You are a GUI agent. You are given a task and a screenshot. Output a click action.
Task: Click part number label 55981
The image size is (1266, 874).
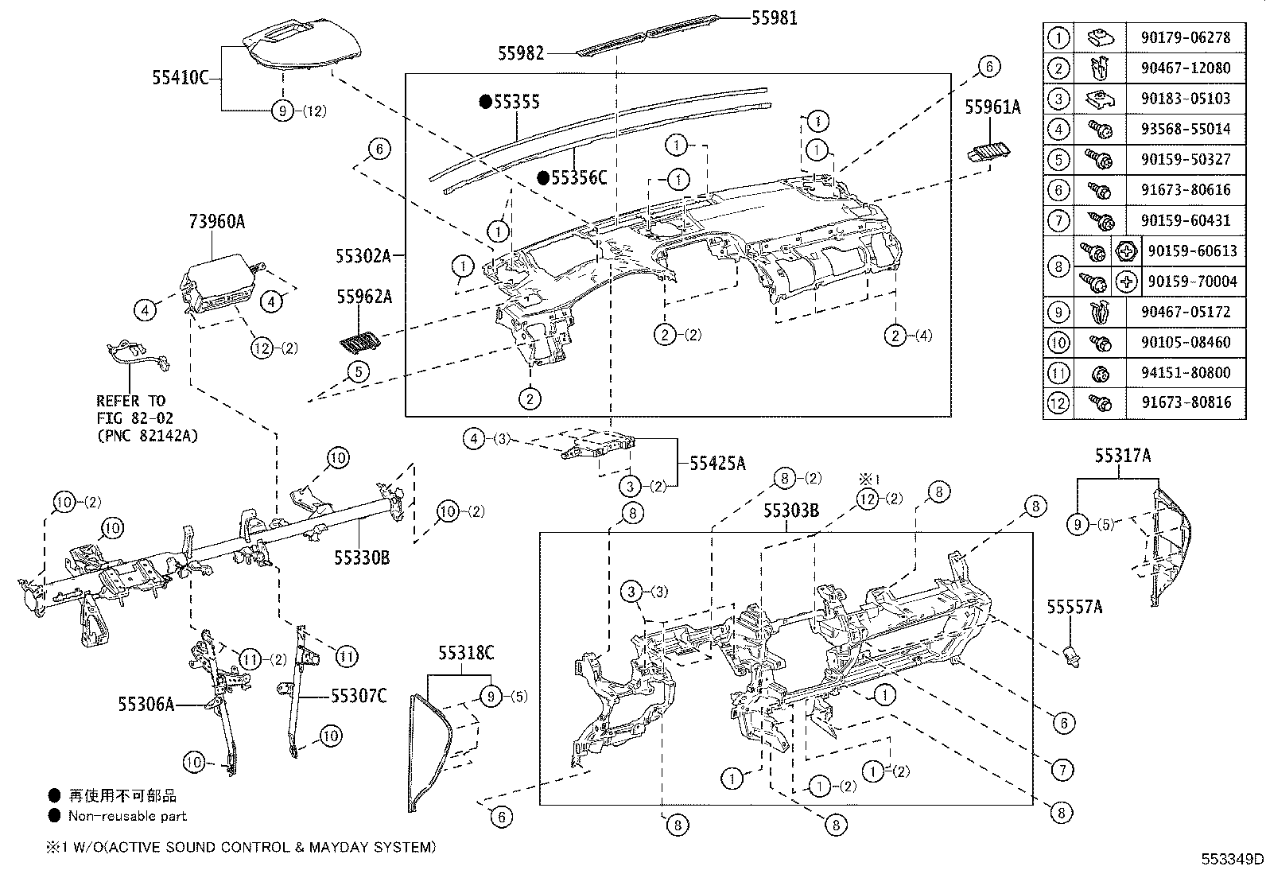774,18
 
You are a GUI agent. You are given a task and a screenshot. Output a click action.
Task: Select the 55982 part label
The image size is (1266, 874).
521,53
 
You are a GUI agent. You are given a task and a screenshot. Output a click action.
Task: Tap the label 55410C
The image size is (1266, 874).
181,77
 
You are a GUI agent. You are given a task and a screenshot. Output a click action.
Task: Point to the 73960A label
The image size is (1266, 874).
216,222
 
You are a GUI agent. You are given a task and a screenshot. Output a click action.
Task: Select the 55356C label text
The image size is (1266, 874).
579,178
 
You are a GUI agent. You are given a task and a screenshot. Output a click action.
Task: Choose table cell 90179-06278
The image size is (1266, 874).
1185,38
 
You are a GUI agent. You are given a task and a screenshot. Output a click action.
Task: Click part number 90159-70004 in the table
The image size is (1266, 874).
1193,282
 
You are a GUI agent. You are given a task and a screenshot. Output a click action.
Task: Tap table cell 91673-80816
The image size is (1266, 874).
1186,402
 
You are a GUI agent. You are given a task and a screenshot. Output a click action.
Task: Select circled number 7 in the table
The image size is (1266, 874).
1058,220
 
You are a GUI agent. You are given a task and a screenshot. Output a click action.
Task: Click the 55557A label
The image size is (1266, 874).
1074,607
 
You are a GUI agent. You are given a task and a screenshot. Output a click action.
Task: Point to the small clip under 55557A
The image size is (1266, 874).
1073,657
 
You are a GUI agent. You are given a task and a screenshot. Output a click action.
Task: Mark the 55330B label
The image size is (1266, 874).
362,558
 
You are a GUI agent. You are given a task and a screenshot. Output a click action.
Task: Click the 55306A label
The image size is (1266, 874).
146,705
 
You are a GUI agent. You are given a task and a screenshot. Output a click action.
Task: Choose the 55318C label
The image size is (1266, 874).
466,654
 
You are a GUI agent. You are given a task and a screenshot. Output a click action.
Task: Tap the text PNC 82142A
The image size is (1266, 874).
147,436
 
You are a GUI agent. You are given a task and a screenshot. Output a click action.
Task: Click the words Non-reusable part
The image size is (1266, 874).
127,816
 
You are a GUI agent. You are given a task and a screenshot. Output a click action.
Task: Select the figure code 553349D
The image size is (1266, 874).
1232,860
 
